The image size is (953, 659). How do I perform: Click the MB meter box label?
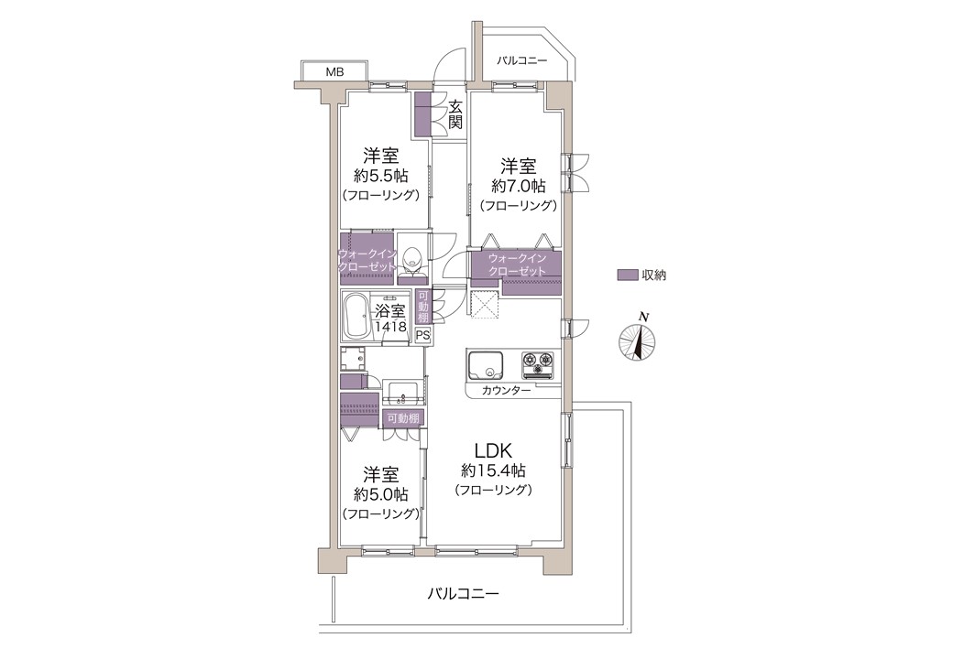334,72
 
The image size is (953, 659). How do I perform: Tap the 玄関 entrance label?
455,114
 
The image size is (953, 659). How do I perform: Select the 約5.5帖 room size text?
381,176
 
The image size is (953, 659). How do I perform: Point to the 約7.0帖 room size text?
519,185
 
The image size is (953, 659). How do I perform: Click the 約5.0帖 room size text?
381,494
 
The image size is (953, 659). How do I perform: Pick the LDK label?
494,451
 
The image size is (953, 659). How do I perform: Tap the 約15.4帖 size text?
494,470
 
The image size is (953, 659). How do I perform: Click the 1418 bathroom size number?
390,327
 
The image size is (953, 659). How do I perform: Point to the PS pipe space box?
422,334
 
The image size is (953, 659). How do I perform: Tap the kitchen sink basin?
486,365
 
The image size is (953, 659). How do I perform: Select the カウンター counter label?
506,390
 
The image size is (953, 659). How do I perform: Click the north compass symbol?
638,340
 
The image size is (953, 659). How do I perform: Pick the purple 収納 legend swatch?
627,275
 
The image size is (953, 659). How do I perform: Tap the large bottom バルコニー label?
463,593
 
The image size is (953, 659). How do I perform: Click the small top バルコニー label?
522,60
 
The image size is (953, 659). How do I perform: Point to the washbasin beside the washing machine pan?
402,393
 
